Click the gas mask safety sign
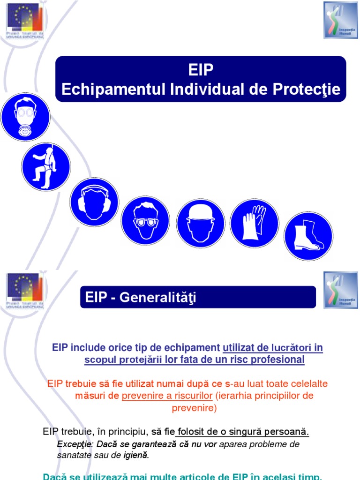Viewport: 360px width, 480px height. click(25, 117)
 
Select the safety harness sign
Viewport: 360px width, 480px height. click(45, 167)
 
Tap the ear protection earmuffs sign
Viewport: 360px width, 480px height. click(94, 202)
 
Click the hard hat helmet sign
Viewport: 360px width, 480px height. click(201, 224)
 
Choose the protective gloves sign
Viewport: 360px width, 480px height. click(255, 223)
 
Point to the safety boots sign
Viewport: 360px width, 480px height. click(308, 236)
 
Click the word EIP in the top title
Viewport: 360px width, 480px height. click(201, 71)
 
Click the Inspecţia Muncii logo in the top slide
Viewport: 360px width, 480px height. click(340, 20)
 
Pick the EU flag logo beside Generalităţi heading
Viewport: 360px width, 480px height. click(25, 292)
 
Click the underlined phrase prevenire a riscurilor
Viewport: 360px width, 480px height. click(167, 396)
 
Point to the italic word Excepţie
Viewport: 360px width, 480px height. click(73, 444)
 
